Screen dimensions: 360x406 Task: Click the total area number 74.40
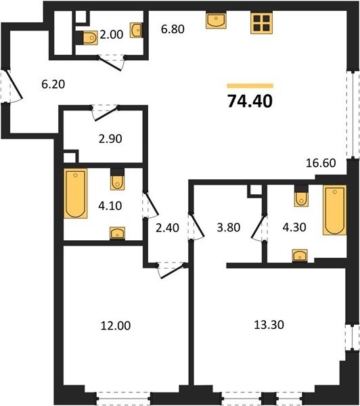tap(250, 101)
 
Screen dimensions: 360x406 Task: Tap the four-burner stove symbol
tap(262, 23)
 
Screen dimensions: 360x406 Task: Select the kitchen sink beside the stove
tap(216, 20)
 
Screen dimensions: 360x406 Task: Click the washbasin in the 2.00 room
tap(136, 30)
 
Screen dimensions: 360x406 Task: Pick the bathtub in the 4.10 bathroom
tap(75, 193)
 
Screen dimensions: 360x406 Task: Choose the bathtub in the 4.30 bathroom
tap(334, 210)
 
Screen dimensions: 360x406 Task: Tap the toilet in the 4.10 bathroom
tap(117, 183)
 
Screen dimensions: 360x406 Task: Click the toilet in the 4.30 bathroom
tap(302, 199)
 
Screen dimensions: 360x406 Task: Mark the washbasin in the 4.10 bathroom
tap(117, 233)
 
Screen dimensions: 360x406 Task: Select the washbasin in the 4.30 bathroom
tap(300, 256)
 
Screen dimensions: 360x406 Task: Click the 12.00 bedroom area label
tap(116, 325)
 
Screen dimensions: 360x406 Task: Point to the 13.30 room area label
tap(269, 324)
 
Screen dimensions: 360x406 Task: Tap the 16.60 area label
tap(321, 163)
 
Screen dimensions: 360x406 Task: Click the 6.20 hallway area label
tap(53, 84)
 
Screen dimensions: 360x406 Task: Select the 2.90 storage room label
tap(110, 139)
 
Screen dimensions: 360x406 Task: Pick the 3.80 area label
tap(229, 227)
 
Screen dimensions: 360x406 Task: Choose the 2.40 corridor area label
tap(167, 228)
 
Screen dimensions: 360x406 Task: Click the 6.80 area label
tap(173, 29)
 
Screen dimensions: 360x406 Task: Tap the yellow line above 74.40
tap(250, 86)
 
